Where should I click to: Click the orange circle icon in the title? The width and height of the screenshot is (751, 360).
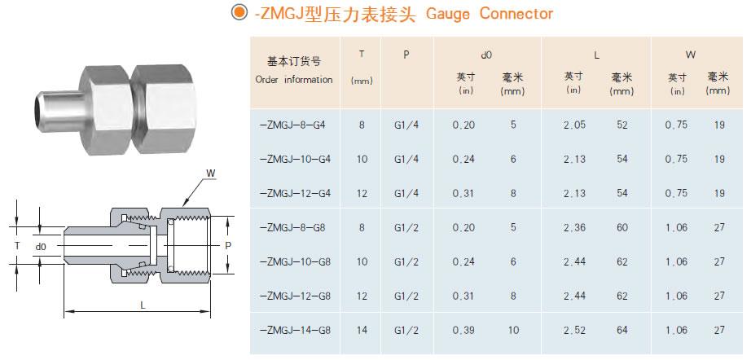coord(238,13)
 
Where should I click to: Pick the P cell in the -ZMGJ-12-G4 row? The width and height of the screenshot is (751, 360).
coord(405,193)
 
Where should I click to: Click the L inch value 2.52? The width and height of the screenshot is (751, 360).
coord(574,330)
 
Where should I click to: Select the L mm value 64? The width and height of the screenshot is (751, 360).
coord(622,330)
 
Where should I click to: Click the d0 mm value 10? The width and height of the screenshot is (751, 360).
coord(512,330)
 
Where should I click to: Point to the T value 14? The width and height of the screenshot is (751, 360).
coord(362,330)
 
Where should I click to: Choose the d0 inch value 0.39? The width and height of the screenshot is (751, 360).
coord(463,330)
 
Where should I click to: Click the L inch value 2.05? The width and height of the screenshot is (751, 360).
coord(574,125)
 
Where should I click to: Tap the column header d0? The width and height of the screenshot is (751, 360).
coord(486,55)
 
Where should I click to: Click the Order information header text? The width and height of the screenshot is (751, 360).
coord(294,80)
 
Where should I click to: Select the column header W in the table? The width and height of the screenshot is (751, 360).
coord(690,55)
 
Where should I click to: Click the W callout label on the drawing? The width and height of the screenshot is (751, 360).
coord(211,173)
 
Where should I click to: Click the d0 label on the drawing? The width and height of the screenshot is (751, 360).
coord(41,244)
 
